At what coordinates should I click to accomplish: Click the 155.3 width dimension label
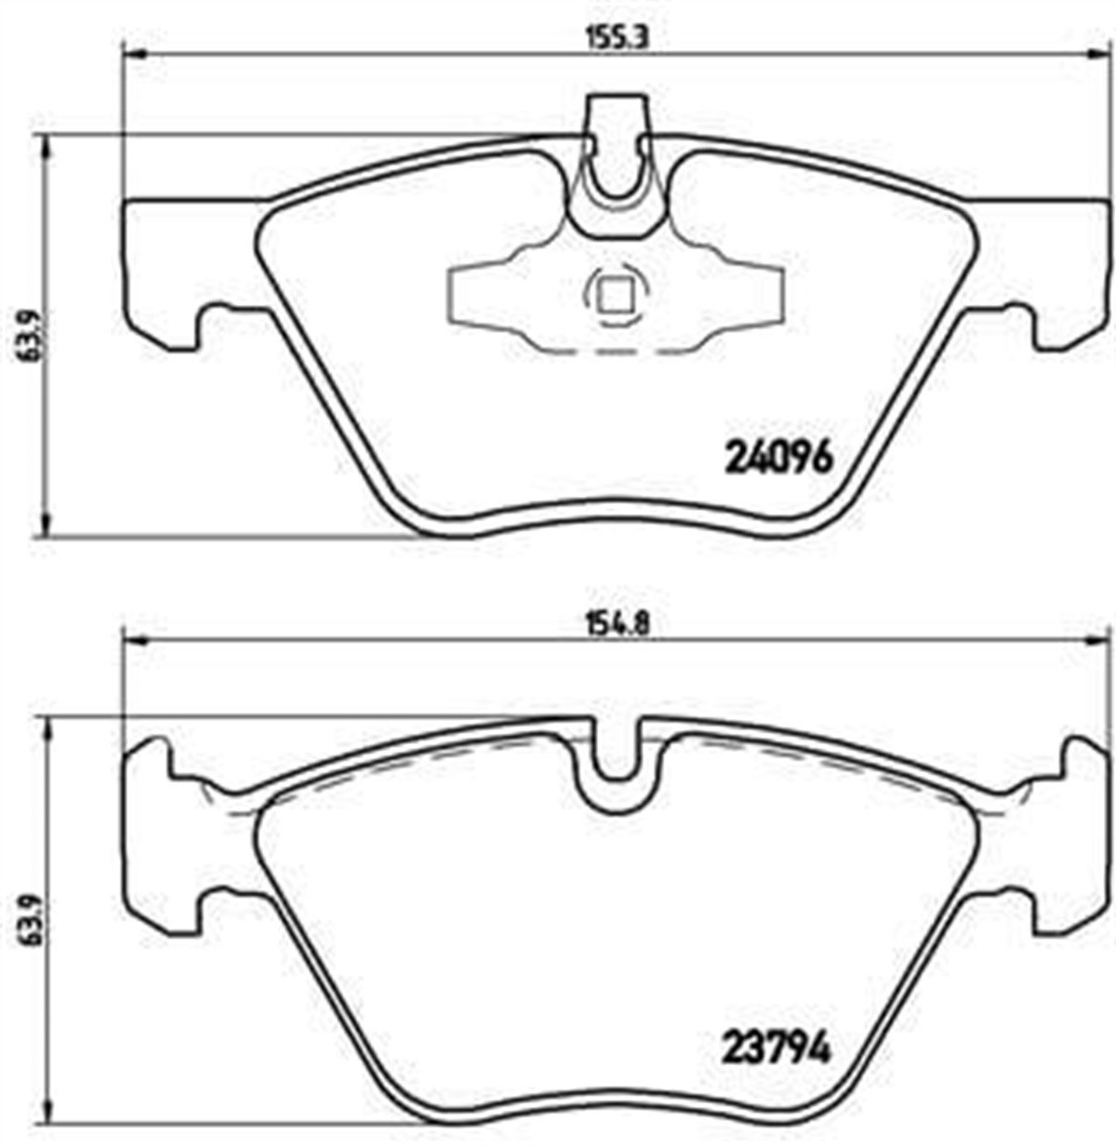tap(618, 38)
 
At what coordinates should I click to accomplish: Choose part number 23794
tap(776, 1044)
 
